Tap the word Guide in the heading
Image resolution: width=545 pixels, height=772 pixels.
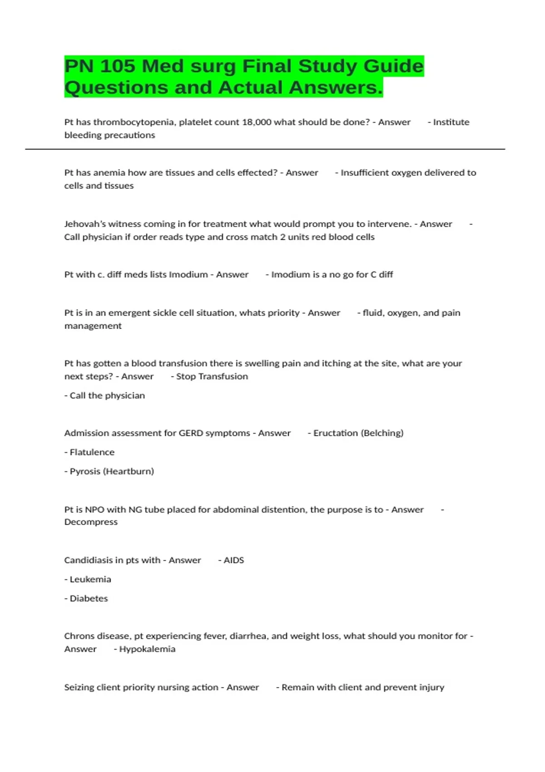(x=393, y=66)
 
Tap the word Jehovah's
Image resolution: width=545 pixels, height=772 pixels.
(x=85, y=224)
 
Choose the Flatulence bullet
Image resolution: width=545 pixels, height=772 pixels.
(x=92, y=452)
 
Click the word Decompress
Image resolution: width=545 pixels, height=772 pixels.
(x=91, y=522)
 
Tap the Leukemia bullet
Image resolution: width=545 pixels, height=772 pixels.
(x=90, y=579)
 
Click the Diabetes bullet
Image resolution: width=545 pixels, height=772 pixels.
(x=89, y=599)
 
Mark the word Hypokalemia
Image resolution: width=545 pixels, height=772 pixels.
(x=147, y=649)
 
